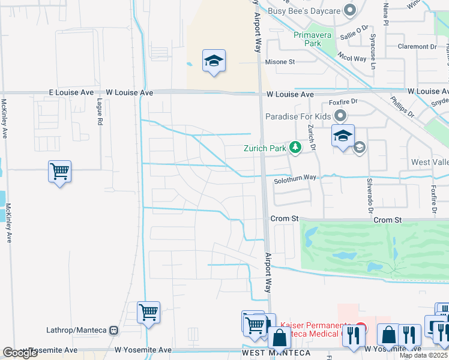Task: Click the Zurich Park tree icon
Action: tap(295, 147)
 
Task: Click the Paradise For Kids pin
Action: tap(341, 116)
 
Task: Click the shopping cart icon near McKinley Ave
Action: tap(59, 172)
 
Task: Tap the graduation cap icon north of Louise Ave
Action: tap(214, 61)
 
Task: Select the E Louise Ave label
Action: tap(71, 93)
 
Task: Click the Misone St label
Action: tap(280, 62)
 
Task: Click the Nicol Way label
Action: tap(352, 58)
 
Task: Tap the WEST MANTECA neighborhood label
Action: tap(276, 353)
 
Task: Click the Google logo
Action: tap(20, 353)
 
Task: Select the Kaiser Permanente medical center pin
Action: tap(359, 329)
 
